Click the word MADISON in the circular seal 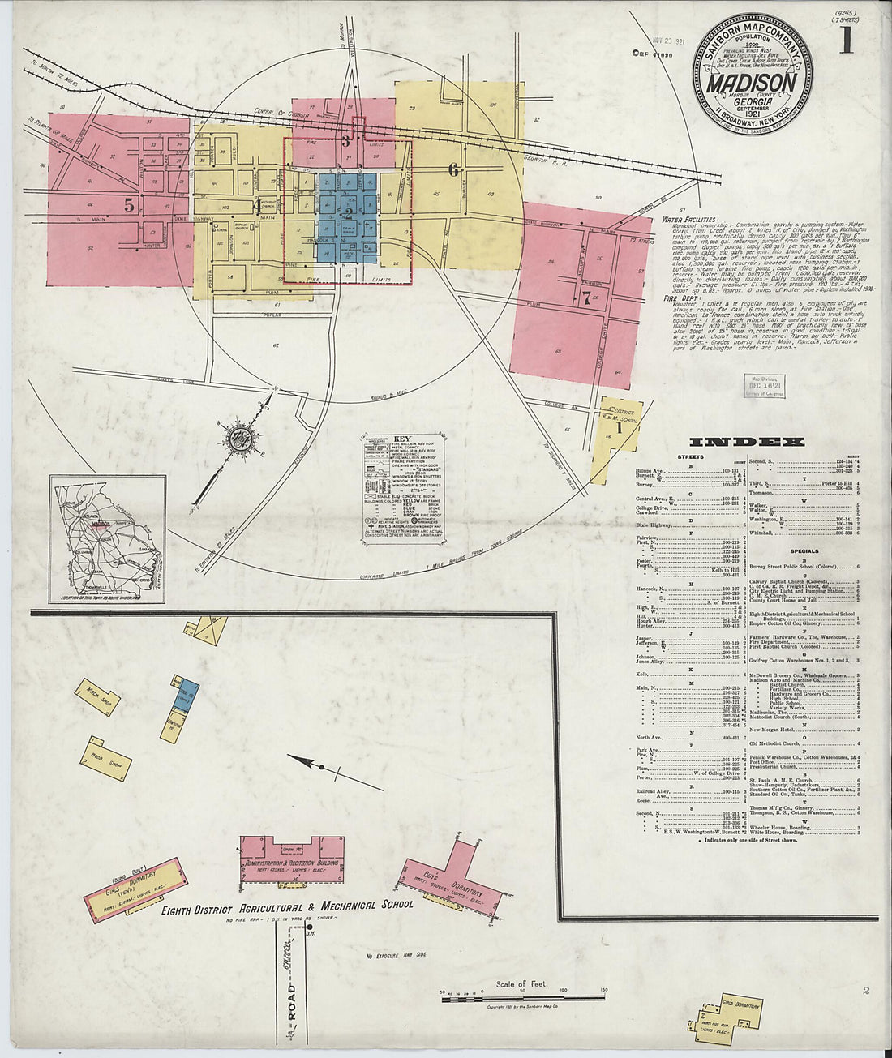point(750,83)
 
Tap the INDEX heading point(747,443)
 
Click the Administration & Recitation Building point(292,863)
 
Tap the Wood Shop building point(105,758)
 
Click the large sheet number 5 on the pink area point(129,205)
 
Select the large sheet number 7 point(585,297)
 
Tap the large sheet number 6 point(454,169)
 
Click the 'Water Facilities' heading point(689,219)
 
